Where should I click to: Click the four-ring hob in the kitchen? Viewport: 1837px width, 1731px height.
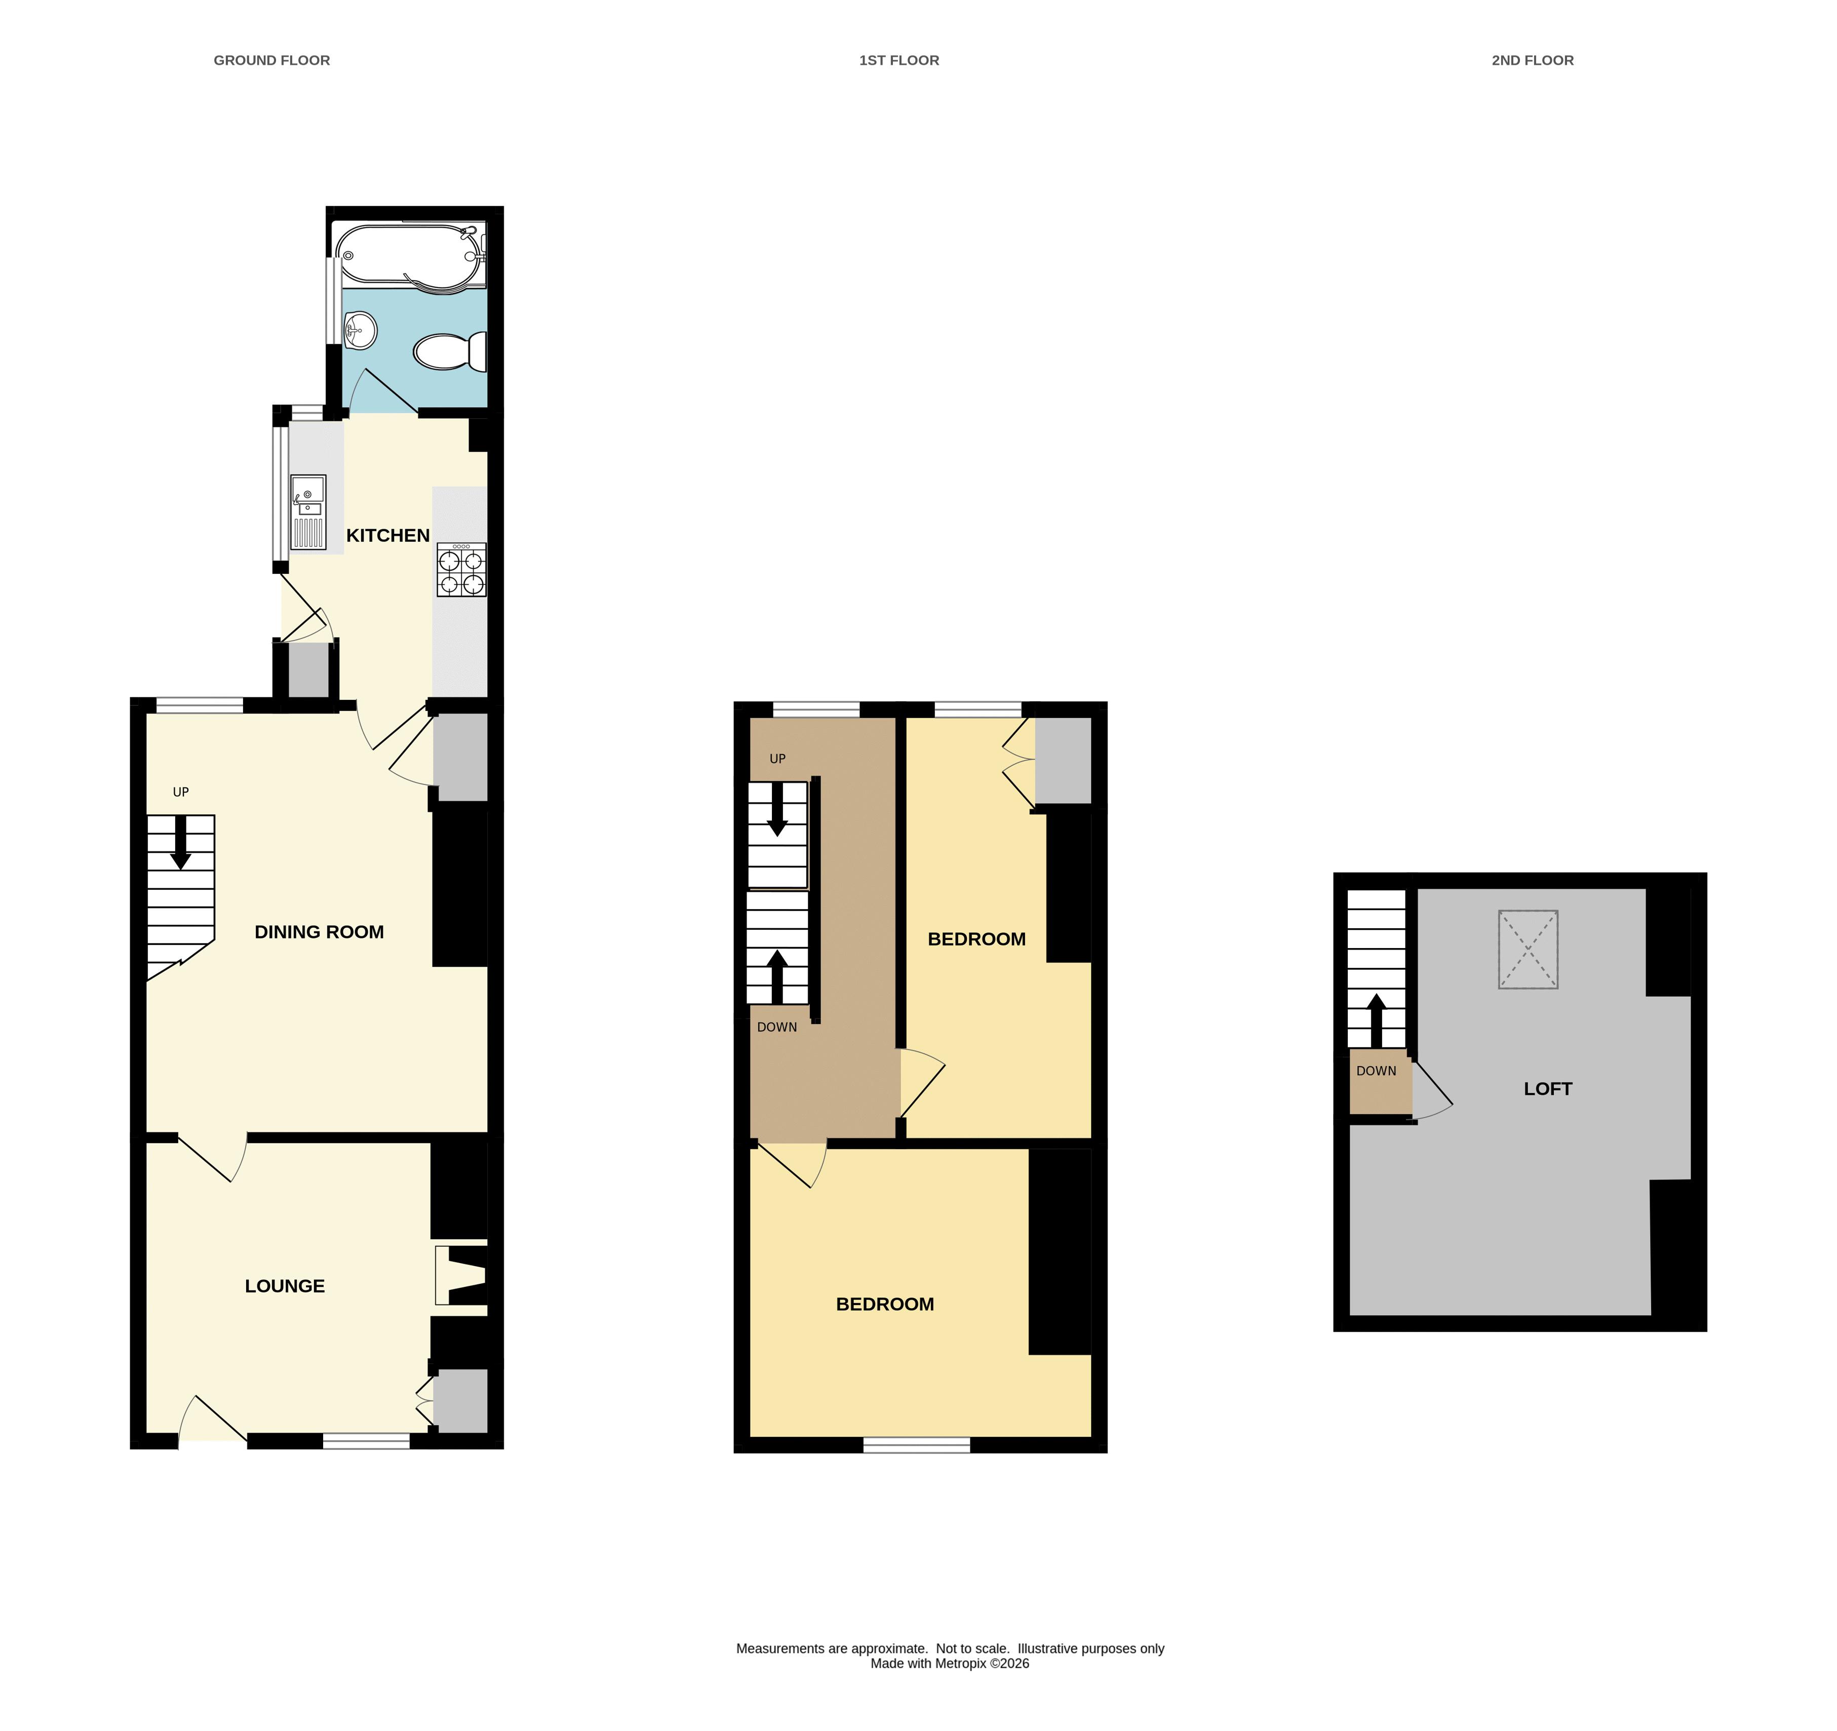click(x=461, y=569)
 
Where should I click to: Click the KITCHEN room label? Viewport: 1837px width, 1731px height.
click(x=388, y=536)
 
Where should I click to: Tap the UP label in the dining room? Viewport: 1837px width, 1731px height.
click(x=181, y=792)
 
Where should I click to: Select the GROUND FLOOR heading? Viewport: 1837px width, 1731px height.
click(x=271, y=60)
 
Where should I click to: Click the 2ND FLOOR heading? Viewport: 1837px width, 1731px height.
click(x=1533, y=60)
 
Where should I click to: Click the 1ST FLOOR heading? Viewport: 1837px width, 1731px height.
click(x=899, y=60)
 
